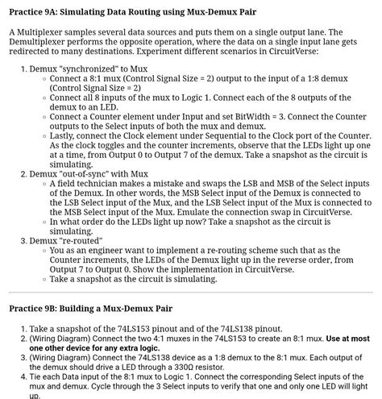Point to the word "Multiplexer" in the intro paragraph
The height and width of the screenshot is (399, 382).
click(x=44, y=31)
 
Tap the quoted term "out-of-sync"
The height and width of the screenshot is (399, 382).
click(x=89, y=173)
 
